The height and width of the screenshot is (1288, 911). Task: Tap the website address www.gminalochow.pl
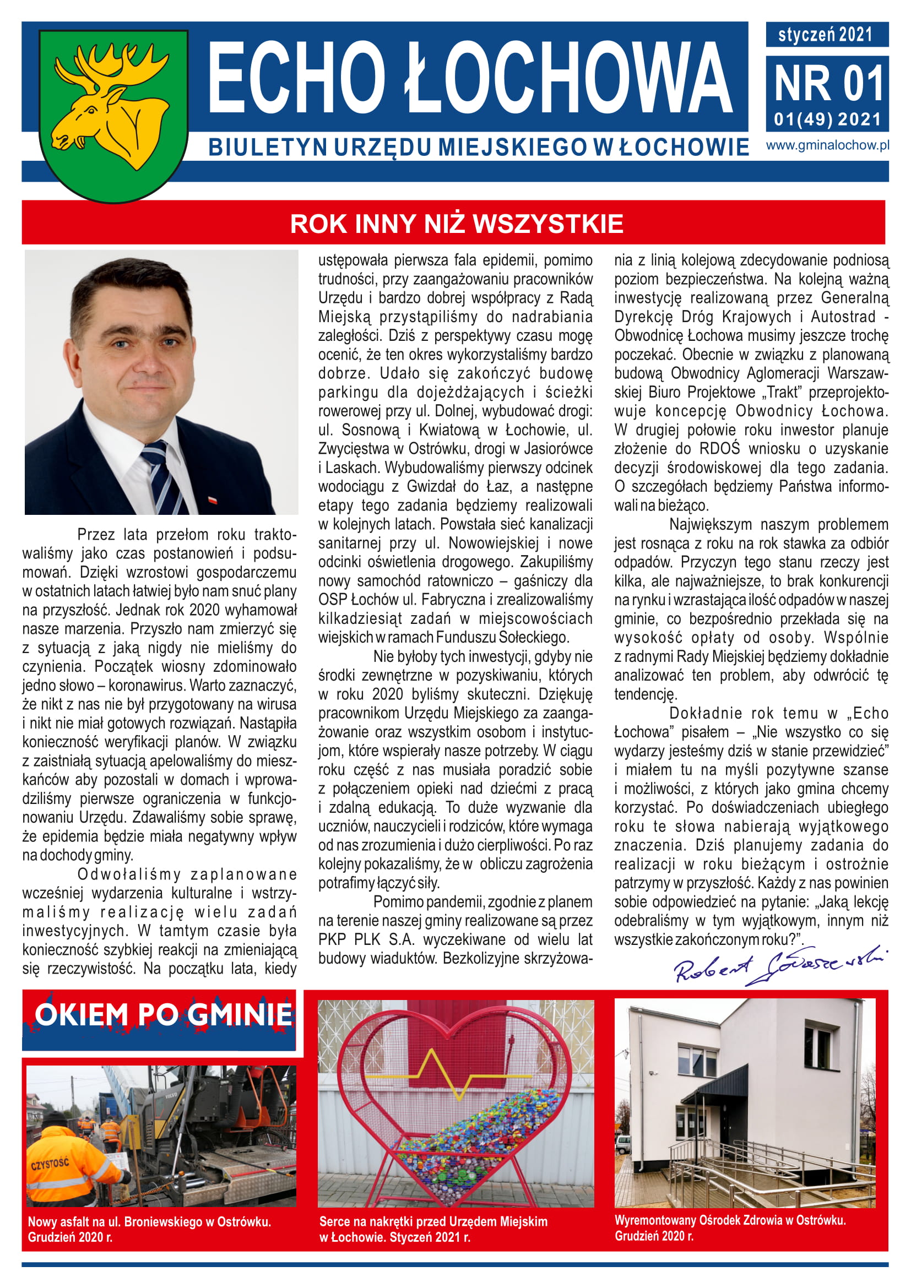coord(827,145)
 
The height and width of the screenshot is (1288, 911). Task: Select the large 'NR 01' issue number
coord(828,84)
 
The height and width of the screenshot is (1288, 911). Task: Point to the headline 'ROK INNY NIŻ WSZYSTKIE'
coord(456,223)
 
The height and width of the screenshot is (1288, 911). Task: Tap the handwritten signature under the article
coord(780,965)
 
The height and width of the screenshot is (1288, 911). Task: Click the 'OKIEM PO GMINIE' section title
coord(163,1015)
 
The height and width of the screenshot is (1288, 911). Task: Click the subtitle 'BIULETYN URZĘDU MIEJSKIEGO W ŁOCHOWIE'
coord(478,148)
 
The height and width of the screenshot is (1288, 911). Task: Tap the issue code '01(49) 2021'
coord(827,119)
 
